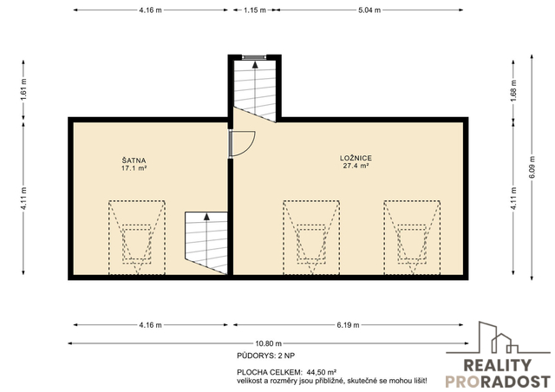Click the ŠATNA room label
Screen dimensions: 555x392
pyautogui.click(x=134, y=160)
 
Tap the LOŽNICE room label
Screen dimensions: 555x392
pyautogui.click(x=356, y=158)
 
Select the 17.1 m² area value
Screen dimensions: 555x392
pyautogui.click(x=134, y=168)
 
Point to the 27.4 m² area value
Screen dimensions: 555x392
pyautogui.click(x=356, y=166)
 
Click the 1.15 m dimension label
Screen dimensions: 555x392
pyautogui.click(x=254, y=10)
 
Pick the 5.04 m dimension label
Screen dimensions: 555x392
pyautogui.click(x=369, y=10)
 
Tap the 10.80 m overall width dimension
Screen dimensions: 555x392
pyautogui.click(x=268, y=343)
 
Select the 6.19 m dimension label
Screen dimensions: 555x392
pyautogui.click(x=348, y=324)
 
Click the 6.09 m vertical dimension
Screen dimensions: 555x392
pyautogui.click(x=532, y=167)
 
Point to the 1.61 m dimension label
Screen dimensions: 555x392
pyautogui.click(x=23, y=88)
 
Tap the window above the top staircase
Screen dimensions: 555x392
pyautogui.click(x=254, y=56)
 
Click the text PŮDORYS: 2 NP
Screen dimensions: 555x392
pyautogui.click(x=266, y=356)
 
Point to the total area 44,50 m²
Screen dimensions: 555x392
pyautogui.click(x=322, y=372)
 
